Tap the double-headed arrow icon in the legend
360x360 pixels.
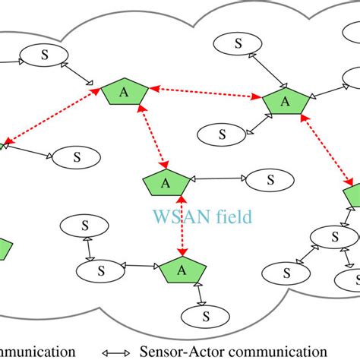coord(118,351)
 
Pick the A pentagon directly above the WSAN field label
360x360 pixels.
coord(165,183)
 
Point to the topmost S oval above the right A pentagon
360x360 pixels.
coord(237,43)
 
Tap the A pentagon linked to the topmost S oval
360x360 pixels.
coord(285,100)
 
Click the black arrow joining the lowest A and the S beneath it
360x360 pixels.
coord(198,292)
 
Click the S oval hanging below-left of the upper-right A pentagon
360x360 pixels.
coord(223,134)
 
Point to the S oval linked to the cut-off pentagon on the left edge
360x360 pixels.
coord(77,157)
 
